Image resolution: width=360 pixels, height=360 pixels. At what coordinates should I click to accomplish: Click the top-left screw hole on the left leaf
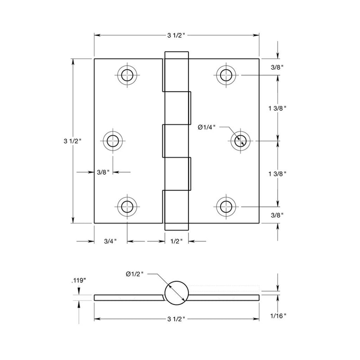coord(127,75)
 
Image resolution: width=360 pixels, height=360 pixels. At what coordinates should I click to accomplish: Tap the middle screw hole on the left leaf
coord(112,141)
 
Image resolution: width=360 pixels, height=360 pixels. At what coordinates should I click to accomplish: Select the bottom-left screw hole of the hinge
coord(127,207)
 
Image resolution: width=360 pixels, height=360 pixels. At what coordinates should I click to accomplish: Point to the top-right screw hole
coord(226,75)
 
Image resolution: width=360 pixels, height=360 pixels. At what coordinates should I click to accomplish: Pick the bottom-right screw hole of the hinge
coord(226,207)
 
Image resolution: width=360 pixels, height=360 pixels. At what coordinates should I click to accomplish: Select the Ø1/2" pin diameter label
coord(135,273)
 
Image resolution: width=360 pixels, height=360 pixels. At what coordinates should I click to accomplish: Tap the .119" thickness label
coord(78,280)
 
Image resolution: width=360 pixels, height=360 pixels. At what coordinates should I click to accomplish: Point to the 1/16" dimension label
coord(279,316)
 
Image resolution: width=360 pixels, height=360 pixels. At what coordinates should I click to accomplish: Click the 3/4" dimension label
coord(110,242)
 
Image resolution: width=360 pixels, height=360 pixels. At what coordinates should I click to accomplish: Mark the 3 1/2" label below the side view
coord(176,319)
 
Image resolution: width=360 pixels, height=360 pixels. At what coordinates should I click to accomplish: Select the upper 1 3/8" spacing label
coord(277,108)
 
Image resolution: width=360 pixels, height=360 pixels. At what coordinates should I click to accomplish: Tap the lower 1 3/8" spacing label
coord(277,174)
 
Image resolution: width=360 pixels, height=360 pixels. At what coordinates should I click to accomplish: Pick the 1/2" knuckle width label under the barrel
coord(176,242)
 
